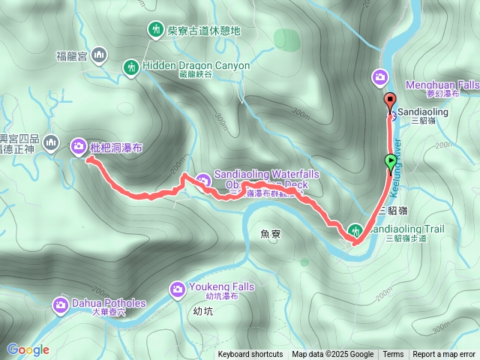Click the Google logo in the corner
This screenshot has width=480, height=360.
point(28,349)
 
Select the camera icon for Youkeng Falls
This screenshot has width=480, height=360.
point(178,288)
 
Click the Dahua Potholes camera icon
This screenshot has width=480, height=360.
point(61,304)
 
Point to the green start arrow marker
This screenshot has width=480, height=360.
point(391,160)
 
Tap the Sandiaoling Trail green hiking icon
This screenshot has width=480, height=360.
point(355,229)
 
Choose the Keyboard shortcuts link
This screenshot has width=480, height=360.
point(250,355)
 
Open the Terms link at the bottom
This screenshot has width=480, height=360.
point(393,355)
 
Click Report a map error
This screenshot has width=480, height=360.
point(444,355)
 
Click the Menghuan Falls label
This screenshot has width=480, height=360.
point(442,85)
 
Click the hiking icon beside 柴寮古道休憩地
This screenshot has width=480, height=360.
point(155,31)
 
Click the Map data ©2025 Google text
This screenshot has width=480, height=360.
point(333,355)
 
